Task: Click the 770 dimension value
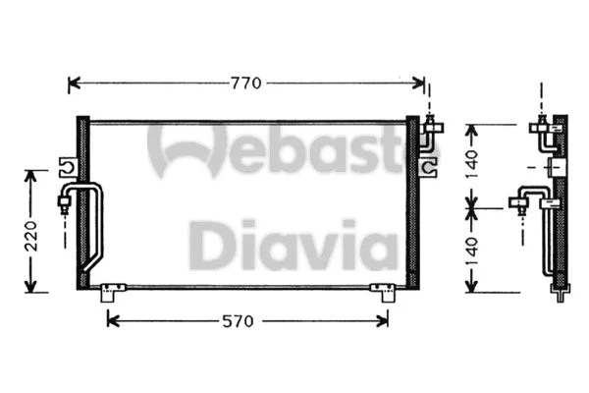246,84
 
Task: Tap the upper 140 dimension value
474,163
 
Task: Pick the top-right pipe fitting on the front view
432,126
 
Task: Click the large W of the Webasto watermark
187,147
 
